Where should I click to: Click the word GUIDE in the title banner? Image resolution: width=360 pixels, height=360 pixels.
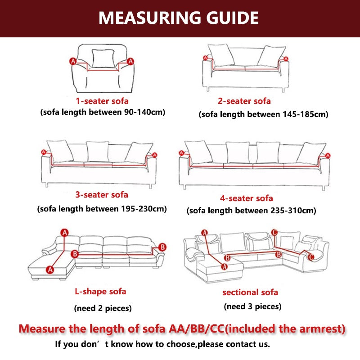pyautogui.click(x=232, y=18)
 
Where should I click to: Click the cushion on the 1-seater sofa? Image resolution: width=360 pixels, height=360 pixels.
pyautogui.click(x=103, y=58)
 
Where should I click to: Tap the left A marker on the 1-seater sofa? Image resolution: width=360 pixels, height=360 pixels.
pyautogui.click(x=73, y=61)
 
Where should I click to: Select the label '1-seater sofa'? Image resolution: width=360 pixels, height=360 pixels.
pyautogui.click(x=102, y=101)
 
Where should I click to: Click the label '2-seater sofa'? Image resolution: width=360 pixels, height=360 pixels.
pyautogui.click(x=244, y=101)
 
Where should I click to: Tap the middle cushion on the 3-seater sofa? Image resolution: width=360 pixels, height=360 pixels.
pyautogui.click(x=98, y=152)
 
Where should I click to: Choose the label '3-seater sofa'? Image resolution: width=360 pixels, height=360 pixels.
pyautogui.click(x=102, y=195)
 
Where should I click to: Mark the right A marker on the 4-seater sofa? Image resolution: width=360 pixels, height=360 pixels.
pyautogui.click(x=328, y=156)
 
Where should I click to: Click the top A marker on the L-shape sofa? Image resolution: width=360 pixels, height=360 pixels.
pyautogui.click(x=64, y=233)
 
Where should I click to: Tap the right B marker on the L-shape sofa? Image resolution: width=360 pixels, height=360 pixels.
pyautogui.click(x=162, y=247)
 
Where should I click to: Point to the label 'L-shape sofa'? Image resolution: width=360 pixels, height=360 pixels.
pyautogui.click(x=100, y=291)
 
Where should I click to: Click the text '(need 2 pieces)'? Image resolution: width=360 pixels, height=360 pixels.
pyautogui.click(x=103, y=308)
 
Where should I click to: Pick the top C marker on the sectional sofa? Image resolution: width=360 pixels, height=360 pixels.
pyautogui.click(x=274, y=232)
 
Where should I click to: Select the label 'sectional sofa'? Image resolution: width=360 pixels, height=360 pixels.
pyautogui.click(x=250, y=292)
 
